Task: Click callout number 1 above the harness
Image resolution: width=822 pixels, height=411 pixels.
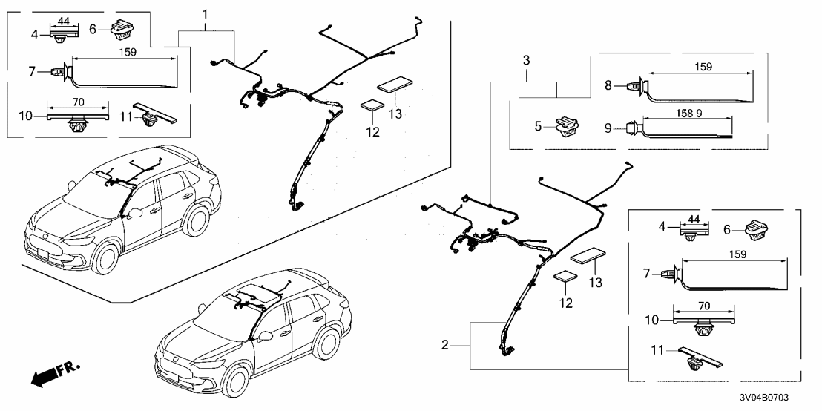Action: tap(205, 14)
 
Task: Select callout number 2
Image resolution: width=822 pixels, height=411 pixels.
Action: tap(445, 345)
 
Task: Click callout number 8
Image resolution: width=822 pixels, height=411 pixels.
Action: tap(608, 85)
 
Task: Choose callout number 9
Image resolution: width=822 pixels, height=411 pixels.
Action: tap(608, 128)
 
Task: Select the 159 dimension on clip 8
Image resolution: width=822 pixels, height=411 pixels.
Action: tap(703, 67)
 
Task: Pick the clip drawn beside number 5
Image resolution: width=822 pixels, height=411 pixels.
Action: tap(568, 128)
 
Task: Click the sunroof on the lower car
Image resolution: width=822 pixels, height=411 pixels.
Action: tap(257, 289)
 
